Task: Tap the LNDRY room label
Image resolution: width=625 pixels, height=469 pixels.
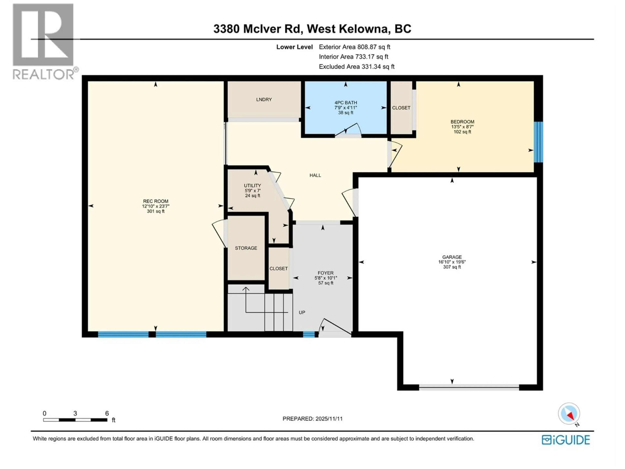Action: pos(264,99)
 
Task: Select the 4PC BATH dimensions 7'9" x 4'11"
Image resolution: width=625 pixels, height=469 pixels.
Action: pos(346,108)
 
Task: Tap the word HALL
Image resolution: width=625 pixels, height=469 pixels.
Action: pos(315,175)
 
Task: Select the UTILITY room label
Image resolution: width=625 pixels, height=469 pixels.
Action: pos(252,185)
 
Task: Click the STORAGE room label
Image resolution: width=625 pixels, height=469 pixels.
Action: pos(246,248)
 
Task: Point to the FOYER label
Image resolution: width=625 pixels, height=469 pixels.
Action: pos(326,273)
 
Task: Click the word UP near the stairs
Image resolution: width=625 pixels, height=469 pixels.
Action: pos(302,312)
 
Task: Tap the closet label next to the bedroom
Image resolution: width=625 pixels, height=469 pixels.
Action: pos(401,108)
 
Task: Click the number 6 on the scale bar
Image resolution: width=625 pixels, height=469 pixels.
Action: pos(107,413)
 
